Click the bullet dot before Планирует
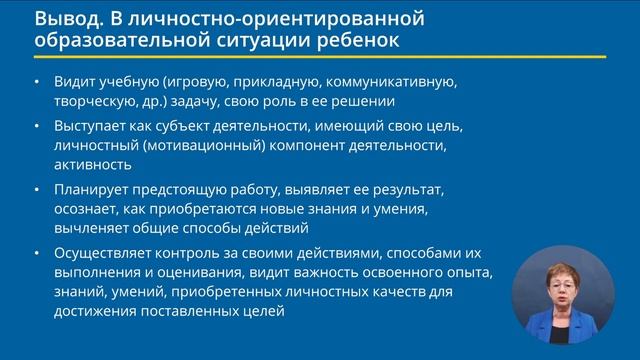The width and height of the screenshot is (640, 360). pos(38,190)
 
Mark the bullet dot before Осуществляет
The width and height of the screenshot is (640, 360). pos(38,252)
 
